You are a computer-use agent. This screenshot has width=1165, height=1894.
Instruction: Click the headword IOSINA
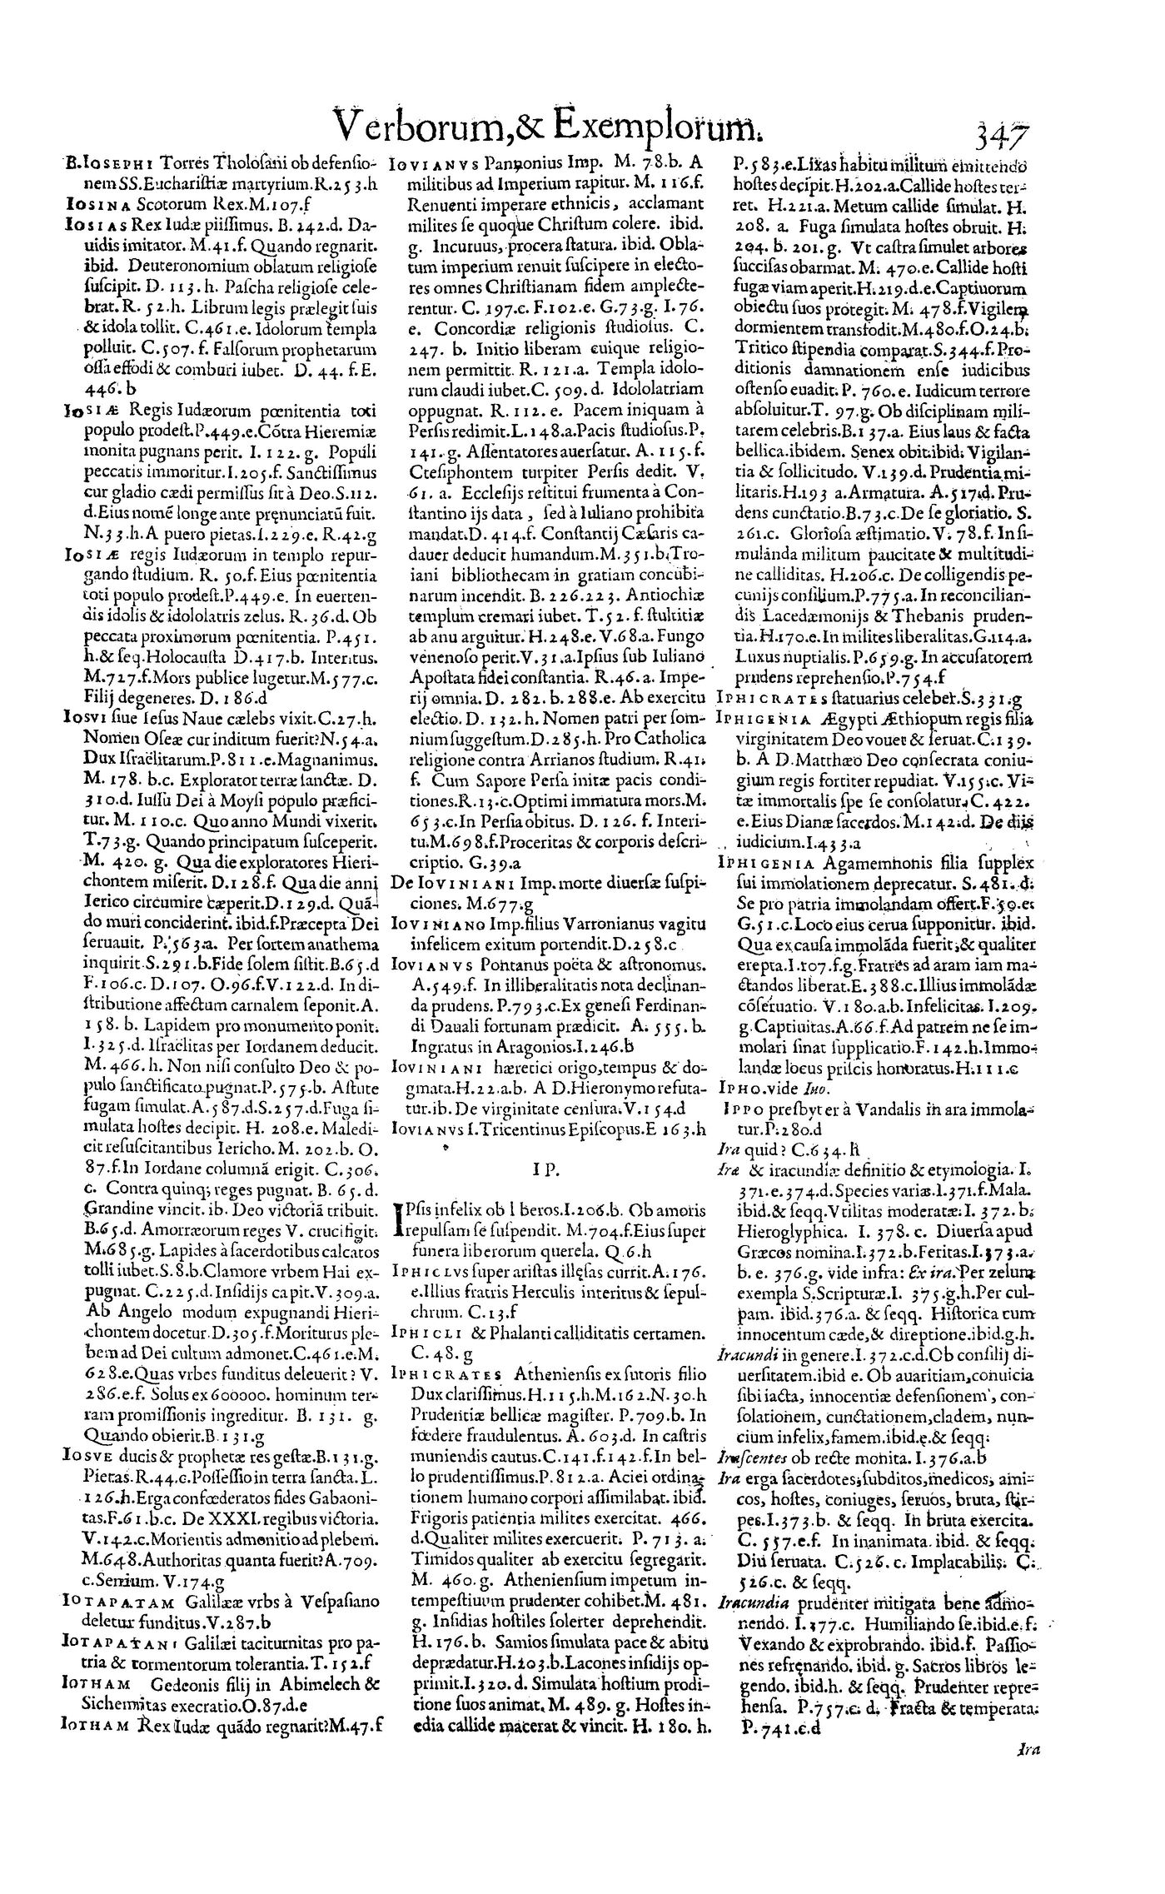93,202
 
